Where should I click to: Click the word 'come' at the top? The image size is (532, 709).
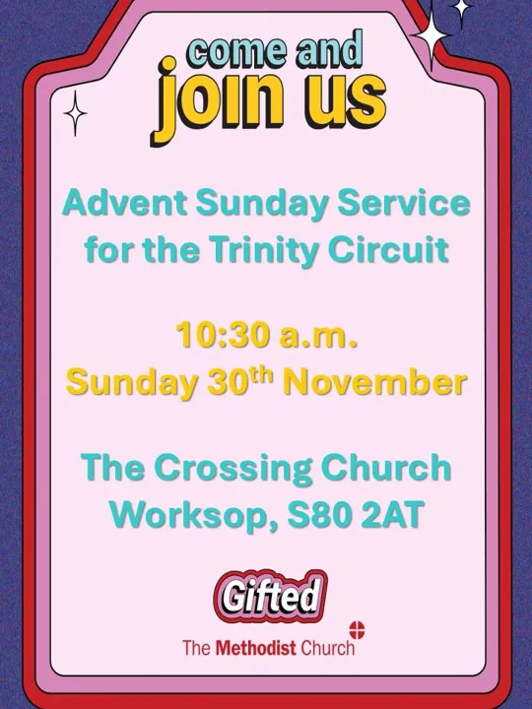(231, 49)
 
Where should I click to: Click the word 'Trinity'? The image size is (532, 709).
(268, 250)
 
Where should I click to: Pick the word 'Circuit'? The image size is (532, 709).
(394, 250)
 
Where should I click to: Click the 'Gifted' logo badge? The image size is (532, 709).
(269, 596)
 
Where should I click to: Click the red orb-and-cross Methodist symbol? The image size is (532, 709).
(357, 630)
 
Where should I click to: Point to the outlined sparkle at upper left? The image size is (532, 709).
(76, 113)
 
